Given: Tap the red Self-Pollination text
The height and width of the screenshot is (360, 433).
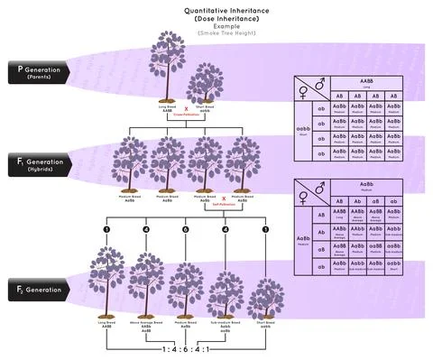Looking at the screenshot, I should point(224,206).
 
